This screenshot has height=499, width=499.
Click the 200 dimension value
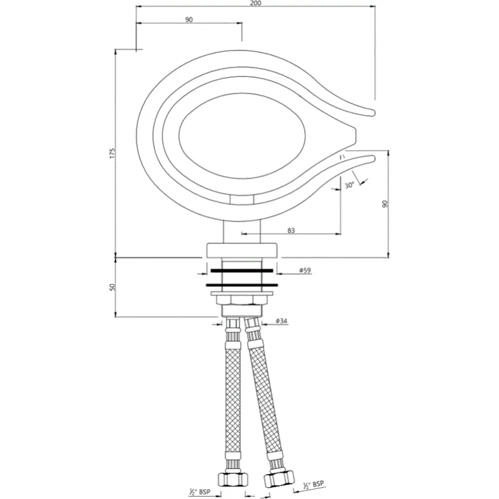point(256,3)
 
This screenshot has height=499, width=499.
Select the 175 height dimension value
point(112,153)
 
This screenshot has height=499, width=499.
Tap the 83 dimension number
point(291,230)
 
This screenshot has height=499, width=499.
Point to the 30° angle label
point(349,185)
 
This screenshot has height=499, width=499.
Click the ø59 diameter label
point(305,271)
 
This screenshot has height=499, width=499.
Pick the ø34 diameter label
point(282,321)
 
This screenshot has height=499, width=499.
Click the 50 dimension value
point(112,287)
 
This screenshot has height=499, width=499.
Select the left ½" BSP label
point(200,492)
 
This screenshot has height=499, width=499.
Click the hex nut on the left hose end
point(233,478)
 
